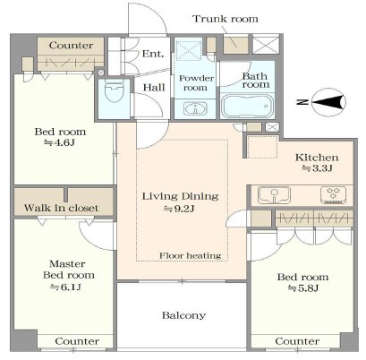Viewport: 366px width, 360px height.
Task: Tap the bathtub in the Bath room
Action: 248,106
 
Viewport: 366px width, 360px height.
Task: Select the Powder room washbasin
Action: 195,108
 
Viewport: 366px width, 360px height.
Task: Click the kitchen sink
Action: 274,194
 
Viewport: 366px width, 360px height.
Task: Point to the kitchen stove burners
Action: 334,195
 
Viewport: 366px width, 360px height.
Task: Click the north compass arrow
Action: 328,102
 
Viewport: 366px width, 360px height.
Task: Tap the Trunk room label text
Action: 226,19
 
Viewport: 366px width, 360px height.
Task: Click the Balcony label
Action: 183,315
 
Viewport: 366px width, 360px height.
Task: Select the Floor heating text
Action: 191,255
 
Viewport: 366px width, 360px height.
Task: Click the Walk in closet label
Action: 61,208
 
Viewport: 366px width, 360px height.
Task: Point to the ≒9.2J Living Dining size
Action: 179,209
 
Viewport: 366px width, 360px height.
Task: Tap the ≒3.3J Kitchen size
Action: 317,168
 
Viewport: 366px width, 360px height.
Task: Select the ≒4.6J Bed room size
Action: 59,142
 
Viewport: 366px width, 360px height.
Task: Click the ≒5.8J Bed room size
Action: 303,288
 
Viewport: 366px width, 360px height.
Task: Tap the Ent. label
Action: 153,54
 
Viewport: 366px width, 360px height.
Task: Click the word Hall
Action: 154,88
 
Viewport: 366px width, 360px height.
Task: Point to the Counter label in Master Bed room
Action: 77,341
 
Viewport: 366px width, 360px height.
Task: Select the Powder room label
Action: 196,83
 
